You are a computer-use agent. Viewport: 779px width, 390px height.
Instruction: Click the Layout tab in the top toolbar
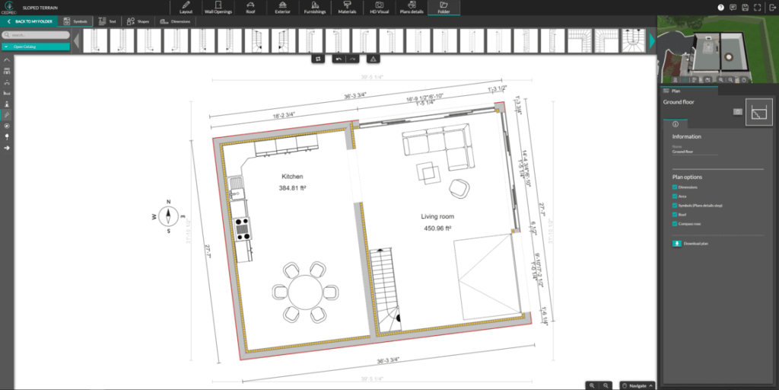(186, 8)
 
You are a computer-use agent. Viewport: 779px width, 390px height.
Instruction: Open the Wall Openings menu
(218, 8)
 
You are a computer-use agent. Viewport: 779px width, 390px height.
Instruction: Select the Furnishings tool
(314, 8)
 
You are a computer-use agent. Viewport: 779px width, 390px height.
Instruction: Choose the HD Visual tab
(378, 8)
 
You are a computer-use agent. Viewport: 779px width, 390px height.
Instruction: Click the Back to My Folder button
(30, 21)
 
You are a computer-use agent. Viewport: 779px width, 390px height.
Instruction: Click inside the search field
(38, 35)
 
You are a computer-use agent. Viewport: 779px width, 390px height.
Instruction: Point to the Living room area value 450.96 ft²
(437, 228)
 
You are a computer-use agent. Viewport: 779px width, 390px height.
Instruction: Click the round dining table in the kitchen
(304, 291)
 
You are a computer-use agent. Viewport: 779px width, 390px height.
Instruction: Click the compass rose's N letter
(168, 202)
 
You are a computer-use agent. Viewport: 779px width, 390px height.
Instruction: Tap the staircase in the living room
(385, 289)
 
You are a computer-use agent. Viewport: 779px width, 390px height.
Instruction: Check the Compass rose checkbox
(675, 224)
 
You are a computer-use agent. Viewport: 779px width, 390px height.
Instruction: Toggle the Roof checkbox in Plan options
(675, 215)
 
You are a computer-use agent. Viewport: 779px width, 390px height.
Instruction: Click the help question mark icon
(720, 8)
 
